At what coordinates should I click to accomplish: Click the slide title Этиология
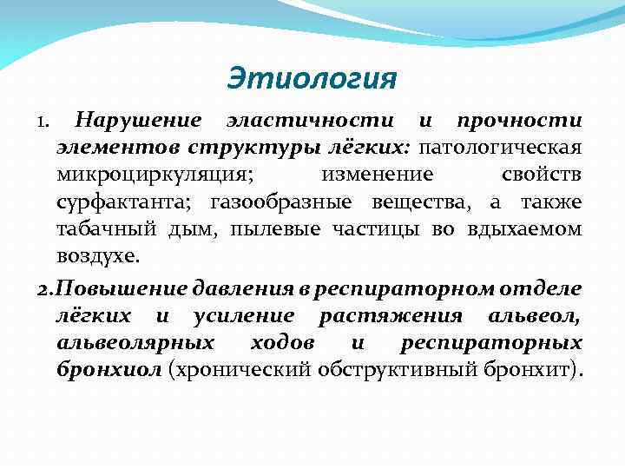click(x=312, y=79)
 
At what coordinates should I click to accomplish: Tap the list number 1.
click(x=43, y=120)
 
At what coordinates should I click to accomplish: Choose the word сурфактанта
click(x=128, y=203)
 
